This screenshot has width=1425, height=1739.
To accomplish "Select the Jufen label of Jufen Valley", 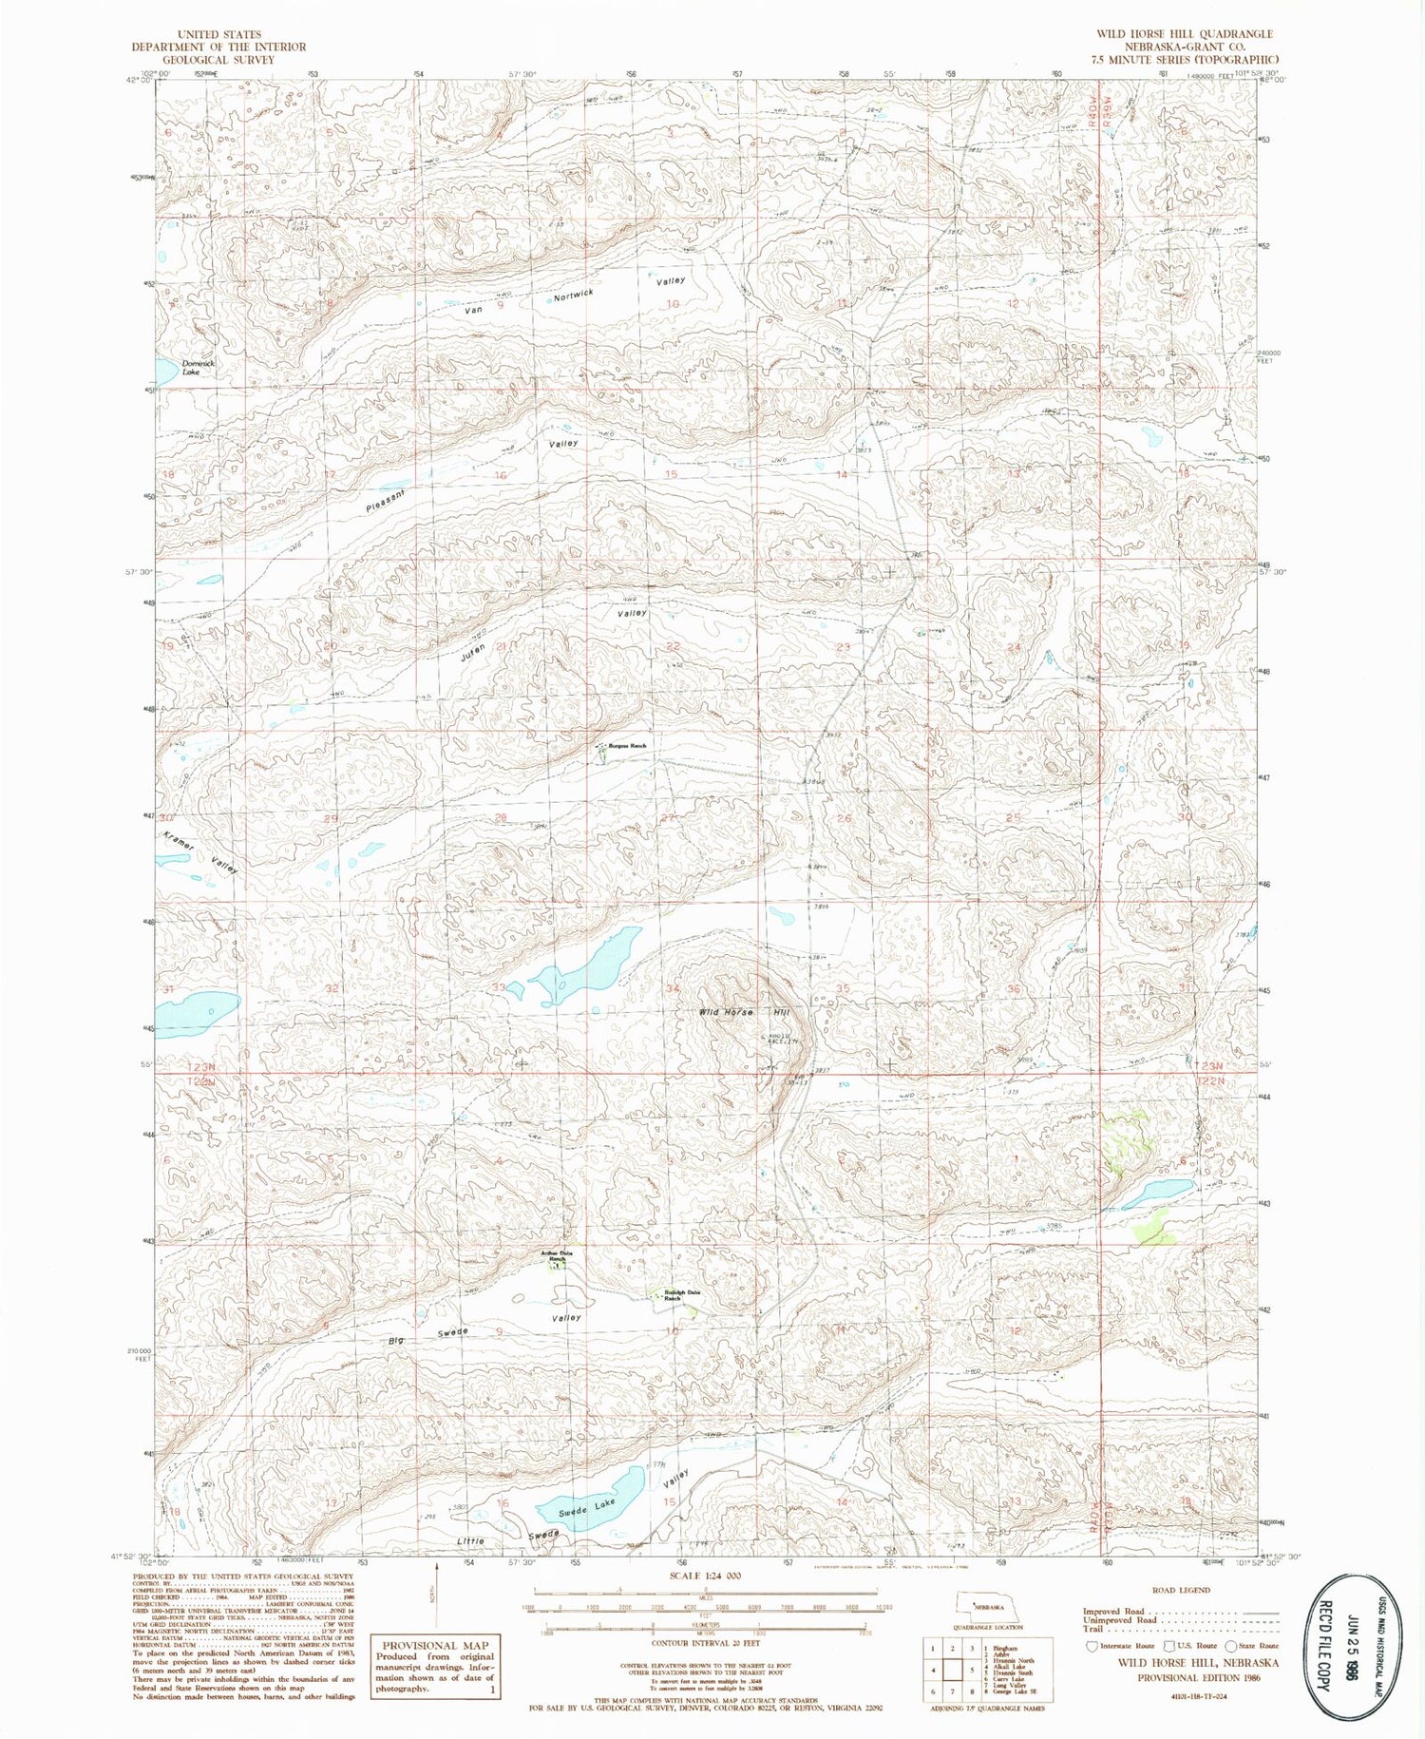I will pos(473,653).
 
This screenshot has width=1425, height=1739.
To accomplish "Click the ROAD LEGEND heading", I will pos(1181,1590).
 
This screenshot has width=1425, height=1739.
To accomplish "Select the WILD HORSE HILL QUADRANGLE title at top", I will pos(1184,34).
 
